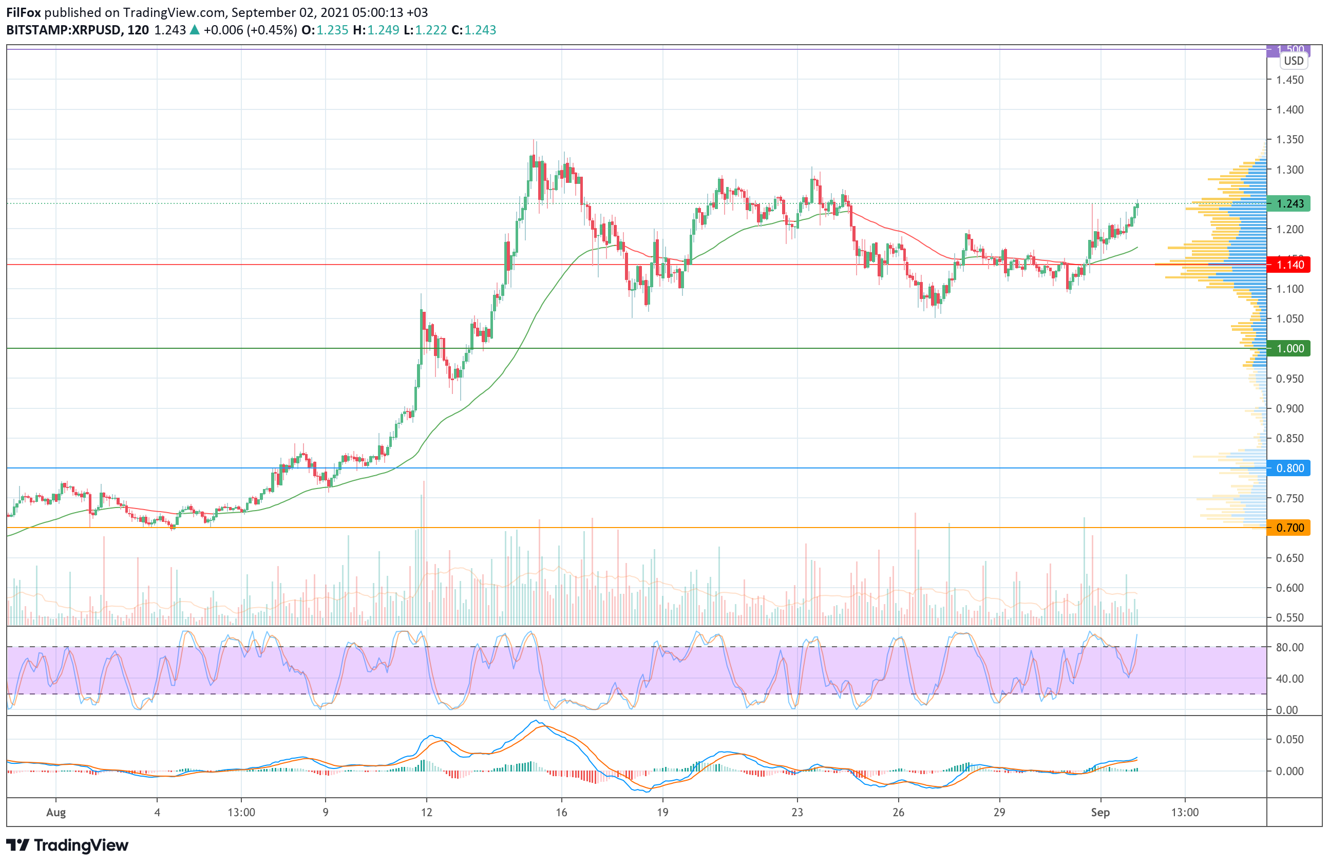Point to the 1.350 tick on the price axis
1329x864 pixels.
1290,140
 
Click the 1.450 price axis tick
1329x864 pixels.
1290,80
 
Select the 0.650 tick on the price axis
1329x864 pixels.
1290,558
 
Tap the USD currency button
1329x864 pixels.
1293,61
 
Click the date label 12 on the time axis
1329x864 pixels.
427,813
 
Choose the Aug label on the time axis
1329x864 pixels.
56,813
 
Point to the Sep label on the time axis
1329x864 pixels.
1100,813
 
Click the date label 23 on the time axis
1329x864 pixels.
797,813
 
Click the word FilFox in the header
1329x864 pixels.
24,12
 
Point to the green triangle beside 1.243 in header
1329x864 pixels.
194,30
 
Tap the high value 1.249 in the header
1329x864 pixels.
383,30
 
